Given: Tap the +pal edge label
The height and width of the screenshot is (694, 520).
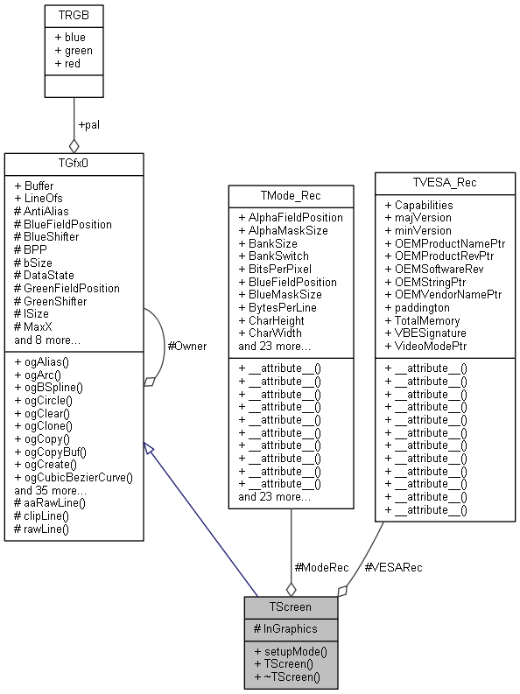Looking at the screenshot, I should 89,124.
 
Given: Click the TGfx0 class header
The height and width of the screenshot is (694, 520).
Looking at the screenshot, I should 74,164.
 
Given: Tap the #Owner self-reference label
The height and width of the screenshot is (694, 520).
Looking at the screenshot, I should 186,346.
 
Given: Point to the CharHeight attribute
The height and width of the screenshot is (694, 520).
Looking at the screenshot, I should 275,320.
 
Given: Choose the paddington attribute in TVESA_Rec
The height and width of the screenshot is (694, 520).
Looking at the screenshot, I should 417,307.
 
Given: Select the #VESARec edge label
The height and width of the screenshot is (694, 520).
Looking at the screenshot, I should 392,567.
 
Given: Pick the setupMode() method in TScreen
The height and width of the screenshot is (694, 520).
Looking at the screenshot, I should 291,651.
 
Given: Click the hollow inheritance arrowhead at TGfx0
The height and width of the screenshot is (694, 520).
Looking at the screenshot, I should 151,448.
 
